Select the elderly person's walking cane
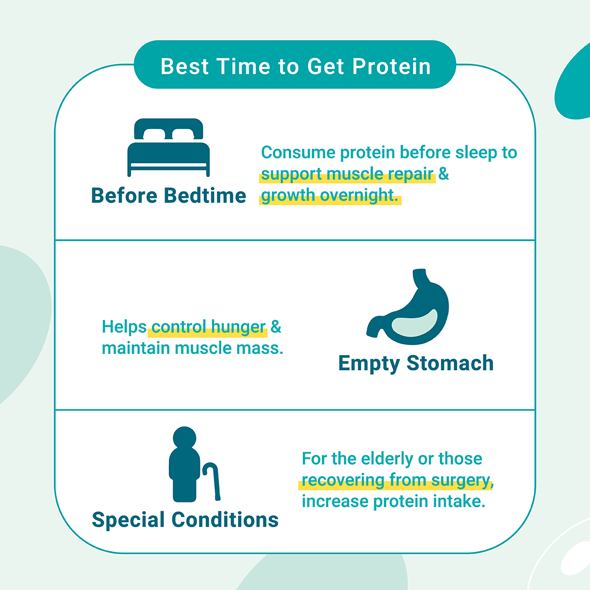pyautogui.click(x=212, y=481)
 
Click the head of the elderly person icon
pyautogui.click(x=185, y=438)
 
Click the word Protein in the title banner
pyautogui.click(x=391, y=67)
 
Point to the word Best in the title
pyautogui.click(x=185, y=67)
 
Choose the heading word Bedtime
pyautogui.click(x=205, y=196)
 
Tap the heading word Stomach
pyautogui.click(x=450, y=363)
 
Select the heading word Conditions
pyautogui.click(x=225, y=520)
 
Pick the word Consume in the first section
pyautogui.click(x=298, y=152)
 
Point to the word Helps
pyautogui.click(x=124, y=327)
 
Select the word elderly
pyautogui.click(x=387, y=459)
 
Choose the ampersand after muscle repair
pyautogui.click(x=444, y=174)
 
